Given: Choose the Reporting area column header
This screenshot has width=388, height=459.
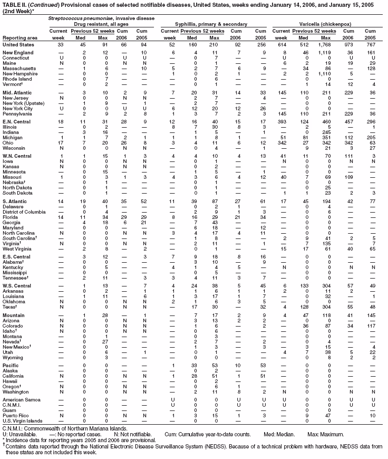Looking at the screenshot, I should pos(20,37).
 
